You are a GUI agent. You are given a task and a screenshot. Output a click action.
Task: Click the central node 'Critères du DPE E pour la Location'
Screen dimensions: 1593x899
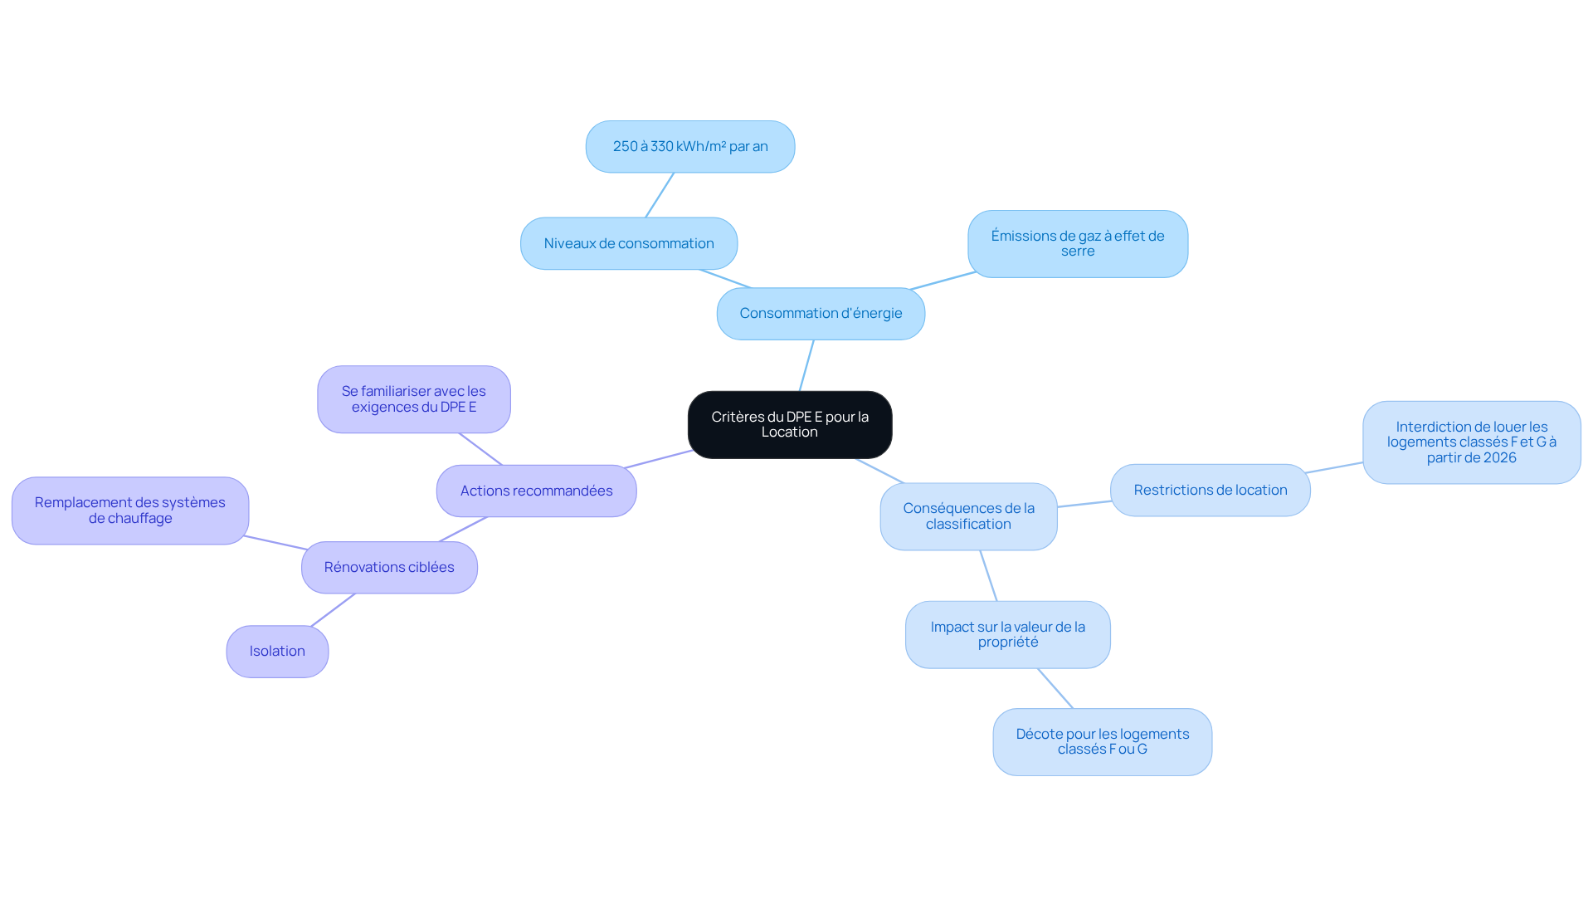click(x=790, y=425)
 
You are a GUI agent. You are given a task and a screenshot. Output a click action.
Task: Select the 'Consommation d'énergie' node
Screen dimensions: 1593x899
click(x=821, y=314)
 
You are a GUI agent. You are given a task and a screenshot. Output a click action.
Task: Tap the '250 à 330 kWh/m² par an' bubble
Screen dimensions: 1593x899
click(x=690, y=147)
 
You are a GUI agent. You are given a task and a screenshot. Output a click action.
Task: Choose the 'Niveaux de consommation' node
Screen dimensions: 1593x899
click(x=629, y=243)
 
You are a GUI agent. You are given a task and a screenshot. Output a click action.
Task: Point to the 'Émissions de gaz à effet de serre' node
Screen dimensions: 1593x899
click(x=1078, y=244)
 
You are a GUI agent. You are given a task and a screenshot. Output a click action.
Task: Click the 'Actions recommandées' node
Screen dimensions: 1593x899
click(x=537, y=491)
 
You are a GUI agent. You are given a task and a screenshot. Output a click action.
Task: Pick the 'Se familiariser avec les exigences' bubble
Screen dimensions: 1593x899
click(x=414, y=399)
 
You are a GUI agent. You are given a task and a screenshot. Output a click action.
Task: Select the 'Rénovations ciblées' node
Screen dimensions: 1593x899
click(x=389, y=568)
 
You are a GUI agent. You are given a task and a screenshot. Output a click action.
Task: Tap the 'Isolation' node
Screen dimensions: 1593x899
click(x=277, y=652)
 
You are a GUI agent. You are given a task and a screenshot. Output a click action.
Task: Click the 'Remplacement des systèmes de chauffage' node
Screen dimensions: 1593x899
click(x=130, y=511)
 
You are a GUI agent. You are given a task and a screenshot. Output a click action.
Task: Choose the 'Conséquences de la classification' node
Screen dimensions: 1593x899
click(x=968, y=516)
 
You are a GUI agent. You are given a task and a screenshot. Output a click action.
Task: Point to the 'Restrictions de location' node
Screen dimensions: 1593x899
click(x=1211, y=491)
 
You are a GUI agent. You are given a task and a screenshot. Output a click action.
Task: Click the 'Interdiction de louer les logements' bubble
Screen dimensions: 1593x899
click(x=1472, y=442)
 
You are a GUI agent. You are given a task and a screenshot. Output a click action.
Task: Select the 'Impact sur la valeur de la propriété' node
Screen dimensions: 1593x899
click(x=1008, y=635)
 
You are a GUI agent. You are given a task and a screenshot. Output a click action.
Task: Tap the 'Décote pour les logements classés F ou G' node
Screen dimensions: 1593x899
click(x=1103, y=742)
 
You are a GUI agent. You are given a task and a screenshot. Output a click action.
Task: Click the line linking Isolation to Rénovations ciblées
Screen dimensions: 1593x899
click(x=334, y=610)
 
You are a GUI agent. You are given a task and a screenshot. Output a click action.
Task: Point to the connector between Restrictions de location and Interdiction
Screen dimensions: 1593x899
click(x=1334, y=468)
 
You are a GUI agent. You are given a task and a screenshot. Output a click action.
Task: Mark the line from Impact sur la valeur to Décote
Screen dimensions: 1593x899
click(x=1055, y=689)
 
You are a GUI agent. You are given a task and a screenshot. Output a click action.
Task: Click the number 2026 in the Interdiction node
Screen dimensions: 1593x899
click(x=1498, y=457)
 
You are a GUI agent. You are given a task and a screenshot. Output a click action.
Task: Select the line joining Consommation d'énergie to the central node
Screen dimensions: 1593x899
click(x=806, y=365)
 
